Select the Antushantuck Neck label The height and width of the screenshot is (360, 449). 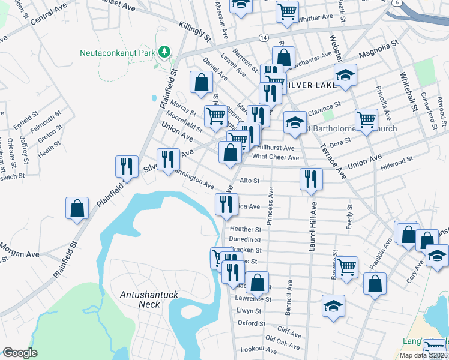[x=140, y=299]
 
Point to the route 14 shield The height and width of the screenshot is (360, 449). [x=264, y=37]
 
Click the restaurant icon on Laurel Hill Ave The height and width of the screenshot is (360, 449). [x=311, y=178]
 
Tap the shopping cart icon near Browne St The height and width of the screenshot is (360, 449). [x=347, y=267]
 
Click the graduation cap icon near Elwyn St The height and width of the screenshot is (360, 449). [x=333, y=305]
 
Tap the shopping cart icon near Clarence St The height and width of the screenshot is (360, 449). [x=366, y=118]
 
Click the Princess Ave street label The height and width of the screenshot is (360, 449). [x=271, y=206]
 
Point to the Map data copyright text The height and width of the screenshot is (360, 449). [x=423, y=355]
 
